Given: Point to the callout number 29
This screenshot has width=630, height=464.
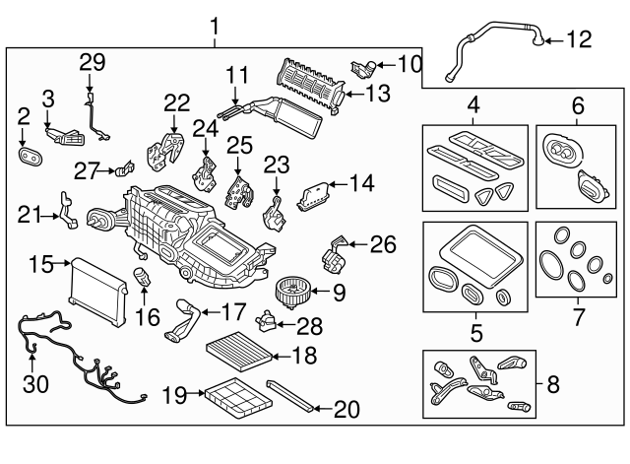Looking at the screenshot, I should point(92,61).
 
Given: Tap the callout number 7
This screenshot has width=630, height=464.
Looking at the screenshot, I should point(579,317).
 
